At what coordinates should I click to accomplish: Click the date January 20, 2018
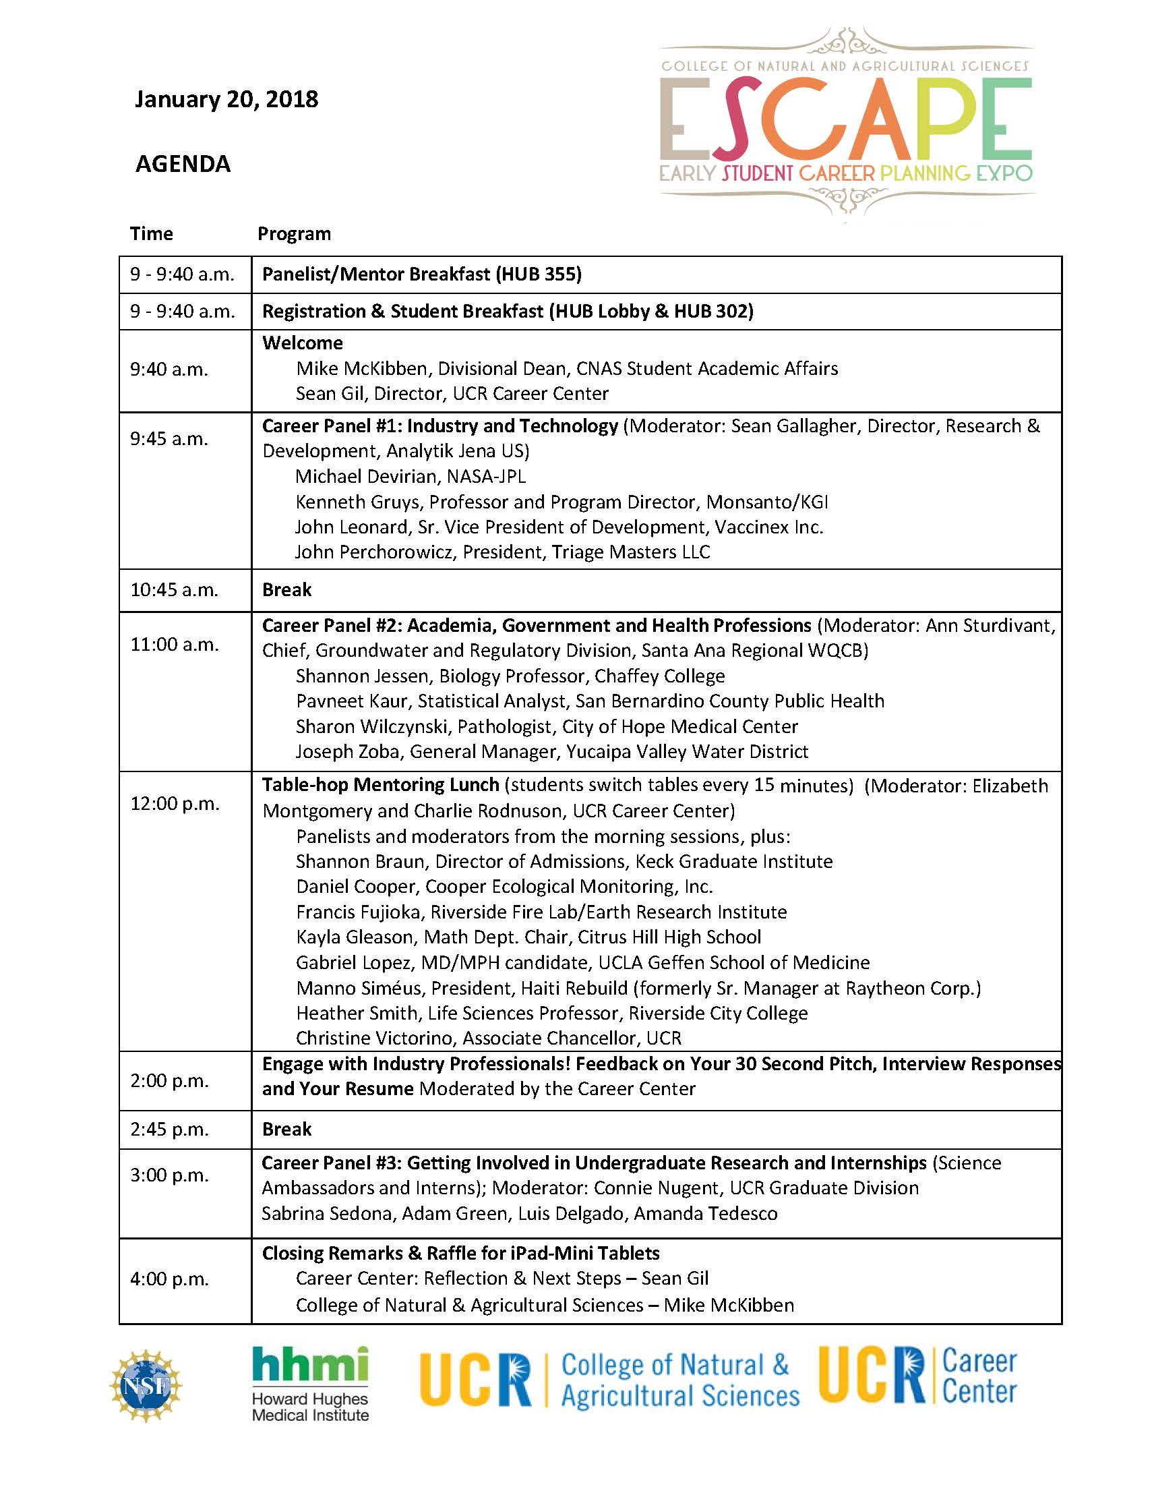(226, 100)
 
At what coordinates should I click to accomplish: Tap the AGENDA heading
(183, 165)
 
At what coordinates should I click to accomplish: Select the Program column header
(293, 234)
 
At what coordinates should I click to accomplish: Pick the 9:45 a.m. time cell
(169, 438)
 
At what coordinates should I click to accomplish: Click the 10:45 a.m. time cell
(174, 590)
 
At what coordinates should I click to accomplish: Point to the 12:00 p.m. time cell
(175, 804)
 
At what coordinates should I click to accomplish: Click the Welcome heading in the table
(303, 343)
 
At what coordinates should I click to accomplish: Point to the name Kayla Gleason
(355, 937)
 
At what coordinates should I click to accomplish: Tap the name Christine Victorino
(374, 1039)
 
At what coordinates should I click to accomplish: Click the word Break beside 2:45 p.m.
(286, 1129)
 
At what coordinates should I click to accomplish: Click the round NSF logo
(146, 1385)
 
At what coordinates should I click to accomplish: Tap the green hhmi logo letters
(310, 1366)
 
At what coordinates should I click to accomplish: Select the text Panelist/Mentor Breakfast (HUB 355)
(422, 274)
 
